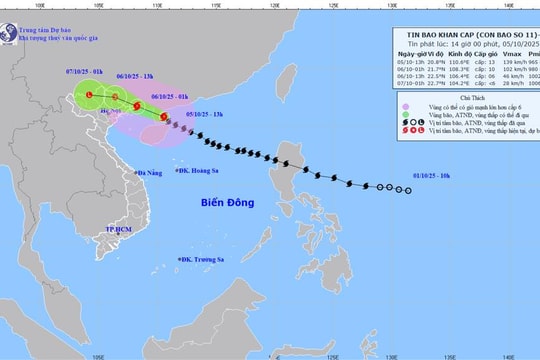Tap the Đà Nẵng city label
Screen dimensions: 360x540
point(155,173)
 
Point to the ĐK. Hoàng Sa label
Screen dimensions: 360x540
point(199,170)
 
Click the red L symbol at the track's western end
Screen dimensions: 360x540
point(89,94)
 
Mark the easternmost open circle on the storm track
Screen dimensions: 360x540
point(408,188)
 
